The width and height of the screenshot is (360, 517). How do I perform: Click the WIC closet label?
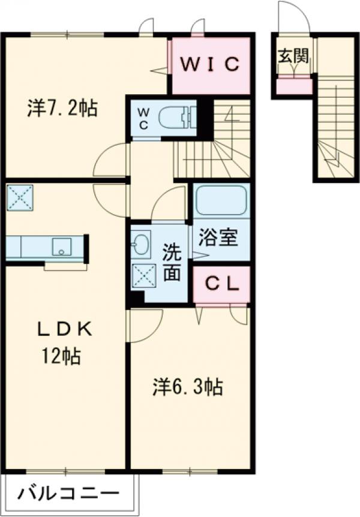(x=210, y=64)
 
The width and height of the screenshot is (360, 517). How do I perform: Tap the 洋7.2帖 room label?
(x=62, y=108)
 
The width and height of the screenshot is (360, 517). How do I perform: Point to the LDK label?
(x=64, y=329)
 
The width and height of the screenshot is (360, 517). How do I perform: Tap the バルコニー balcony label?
(x=68, y=494)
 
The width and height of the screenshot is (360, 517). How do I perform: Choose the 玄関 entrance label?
(x=293, y=56)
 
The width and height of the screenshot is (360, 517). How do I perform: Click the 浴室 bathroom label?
(x=218, y=238)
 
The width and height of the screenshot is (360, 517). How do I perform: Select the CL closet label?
(x=222, y=284)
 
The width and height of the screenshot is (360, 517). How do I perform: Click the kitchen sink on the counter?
(x=61, y=247)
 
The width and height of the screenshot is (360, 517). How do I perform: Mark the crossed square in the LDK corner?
(x=20, y=197)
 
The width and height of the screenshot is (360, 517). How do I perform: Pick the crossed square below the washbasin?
(x=145, y=276)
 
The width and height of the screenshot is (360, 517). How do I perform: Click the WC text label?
(x=143, y=118)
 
